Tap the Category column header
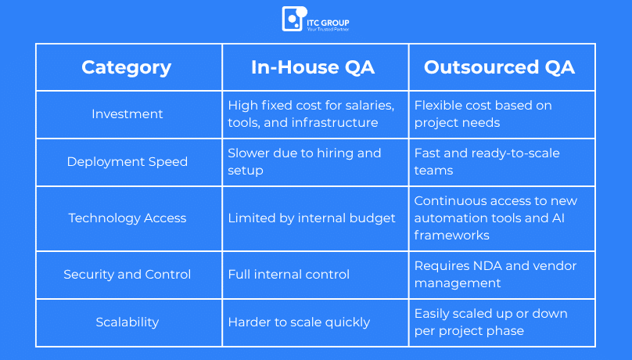(x=127, y=67)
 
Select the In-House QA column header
(x=313, y=67)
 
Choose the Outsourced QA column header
(x=499, y=67)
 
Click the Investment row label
(x=127, y=114)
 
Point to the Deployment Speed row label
(x=127, y=162)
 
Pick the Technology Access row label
(x=127, y=218)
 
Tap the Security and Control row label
(x=127, y=275)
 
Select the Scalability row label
(x=127, y=322)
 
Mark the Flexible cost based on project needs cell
(x=483, y=114)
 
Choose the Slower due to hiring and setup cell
(x=304, y=162)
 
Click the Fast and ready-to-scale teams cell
(x=487, y=162)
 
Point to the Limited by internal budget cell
(x=311, y=218)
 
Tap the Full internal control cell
(x=289, y=275)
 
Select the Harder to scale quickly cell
(x=299, y=322)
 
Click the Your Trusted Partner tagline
(x=328, y=29)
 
